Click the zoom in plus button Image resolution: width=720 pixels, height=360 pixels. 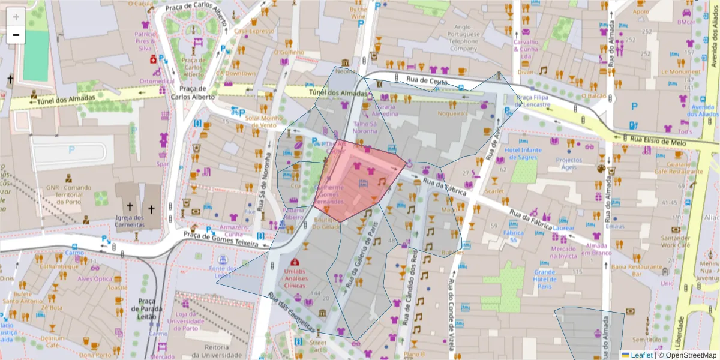tap(16, 16)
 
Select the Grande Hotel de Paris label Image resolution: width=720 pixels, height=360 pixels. tap(544, 279)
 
